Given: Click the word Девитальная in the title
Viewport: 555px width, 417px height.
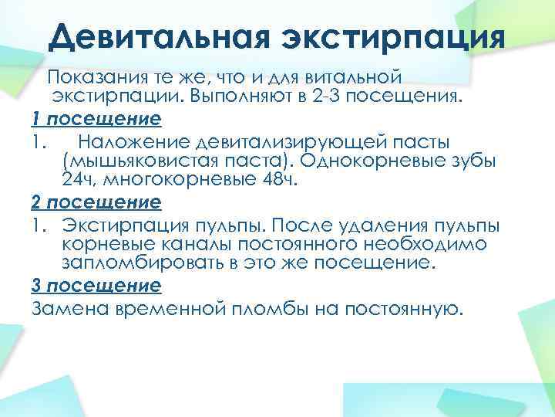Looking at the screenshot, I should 150,36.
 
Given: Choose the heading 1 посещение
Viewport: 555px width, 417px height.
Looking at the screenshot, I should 96,120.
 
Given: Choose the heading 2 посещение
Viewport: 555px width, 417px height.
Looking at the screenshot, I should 96,203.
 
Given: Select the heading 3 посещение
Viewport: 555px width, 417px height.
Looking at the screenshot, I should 96,286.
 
